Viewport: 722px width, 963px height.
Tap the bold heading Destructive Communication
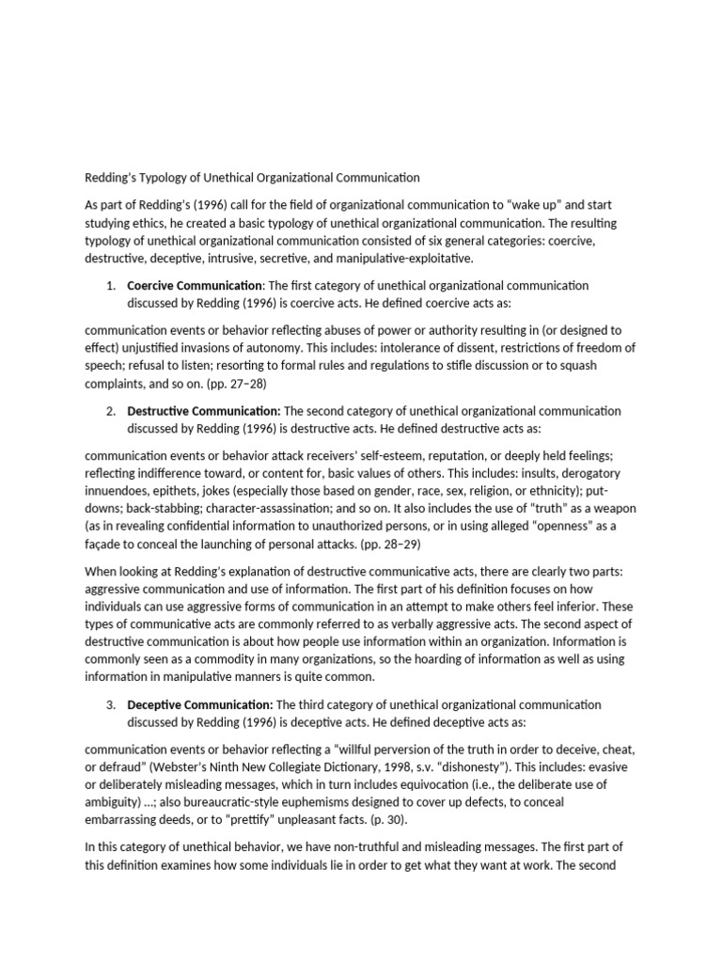(x=204, y=411)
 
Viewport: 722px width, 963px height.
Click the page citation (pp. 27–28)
(x=227, y=384)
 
